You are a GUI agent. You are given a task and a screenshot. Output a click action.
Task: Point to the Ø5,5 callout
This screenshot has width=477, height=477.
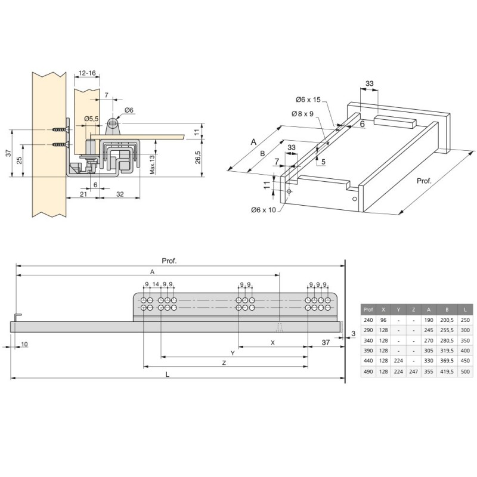pos(91,119)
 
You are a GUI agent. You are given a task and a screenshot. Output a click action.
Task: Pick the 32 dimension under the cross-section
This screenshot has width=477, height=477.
pos(120,194)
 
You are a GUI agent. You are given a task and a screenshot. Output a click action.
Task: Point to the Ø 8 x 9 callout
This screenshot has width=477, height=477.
pos(303,114)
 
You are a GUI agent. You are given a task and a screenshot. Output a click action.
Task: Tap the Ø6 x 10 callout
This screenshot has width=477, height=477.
pos(264,210)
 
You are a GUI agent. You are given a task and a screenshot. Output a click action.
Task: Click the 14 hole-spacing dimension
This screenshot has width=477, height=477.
pos(156,284)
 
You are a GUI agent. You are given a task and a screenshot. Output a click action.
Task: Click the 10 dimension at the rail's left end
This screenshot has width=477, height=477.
pos(24,345)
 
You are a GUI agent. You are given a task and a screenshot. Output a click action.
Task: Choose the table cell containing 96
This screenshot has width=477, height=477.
pos(383,320)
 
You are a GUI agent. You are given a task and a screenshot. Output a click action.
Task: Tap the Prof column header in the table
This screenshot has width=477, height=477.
pos(368,309)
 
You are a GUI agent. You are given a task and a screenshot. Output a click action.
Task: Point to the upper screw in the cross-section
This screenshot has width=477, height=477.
pos(60,129)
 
